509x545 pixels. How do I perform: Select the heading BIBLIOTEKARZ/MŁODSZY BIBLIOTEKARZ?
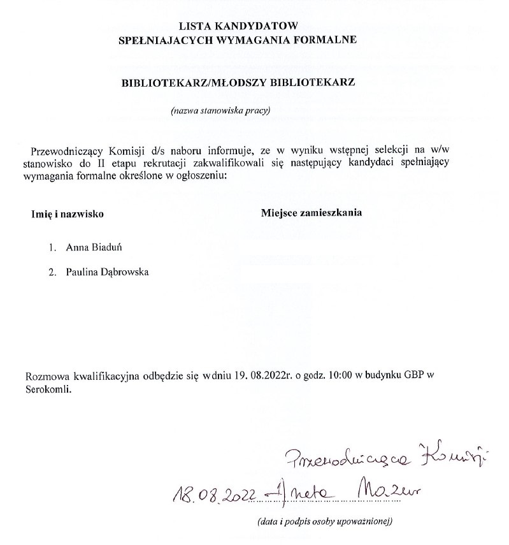(x=238, y=83)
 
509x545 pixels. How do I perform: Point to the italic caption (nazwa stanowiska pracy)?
(x=220, y=111)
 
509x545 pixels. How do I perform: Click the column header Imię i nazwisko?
(x=68, y=214)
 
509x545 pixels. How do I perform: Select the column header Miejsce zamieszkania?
(x=312, y=213)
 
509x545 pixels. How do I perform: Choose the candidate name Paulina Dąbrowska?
(x=107, y=272)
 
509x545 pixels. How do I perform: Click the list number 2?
(x=52, y=272)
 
